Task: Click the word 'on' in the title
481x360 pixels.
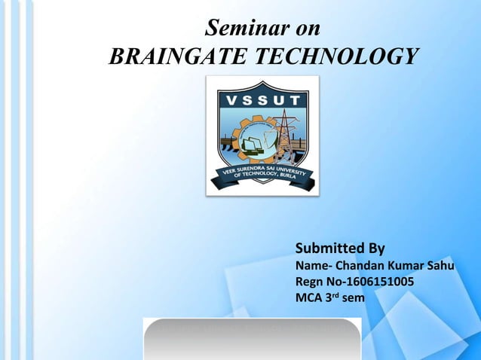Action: [x=305, y=29]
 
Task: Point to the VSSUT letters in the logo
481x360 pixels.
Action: [x=262, y=100]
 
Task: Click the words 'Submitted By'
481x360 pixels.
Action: [x=340, y=249]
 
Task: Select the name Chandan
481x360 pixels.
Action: [x=362, y=266]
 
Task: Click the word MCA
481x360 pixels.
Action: [x=308, y=298]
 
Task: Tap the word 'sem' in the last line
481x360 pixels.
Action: [x=353, y=299]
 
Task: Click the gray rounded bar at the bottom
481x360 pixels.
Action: [x=252, y=338]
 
